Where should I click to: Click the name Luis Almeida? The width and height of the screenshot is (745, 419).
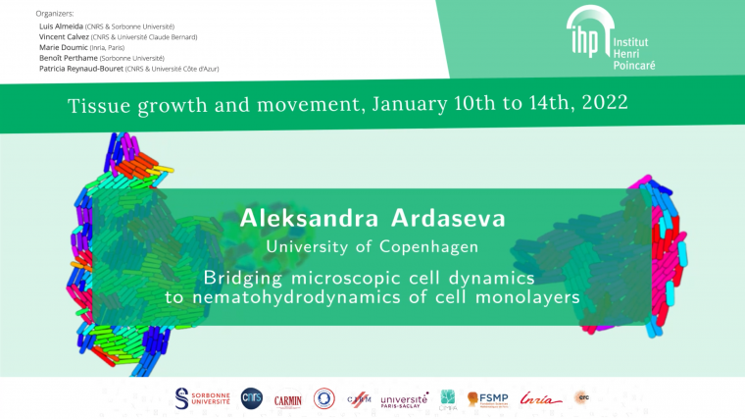[x=60, y=26]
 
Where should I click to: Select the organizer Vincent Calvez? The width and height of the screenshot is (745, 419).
[x=65, y=36]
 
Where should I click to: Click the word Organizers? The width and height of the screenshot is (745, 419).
[x=55, y=14]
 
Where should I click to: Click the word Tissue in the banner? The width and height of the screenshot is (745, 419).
[x=97, y=103]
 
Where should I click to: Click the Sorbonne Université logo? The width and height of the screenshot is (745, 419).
[x=201, y=397]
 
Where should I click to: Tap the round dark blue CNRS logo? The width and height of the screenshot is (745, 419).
[x=252, y=397]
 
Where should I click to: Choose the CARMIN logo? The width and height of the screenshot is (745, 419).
[x=288, y=398]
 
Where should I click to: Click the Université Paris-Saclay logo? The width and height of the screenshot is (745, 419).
[x=404, y=399]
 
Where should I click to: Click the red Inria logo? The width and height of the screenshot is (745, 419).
[x=542, y=398]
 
